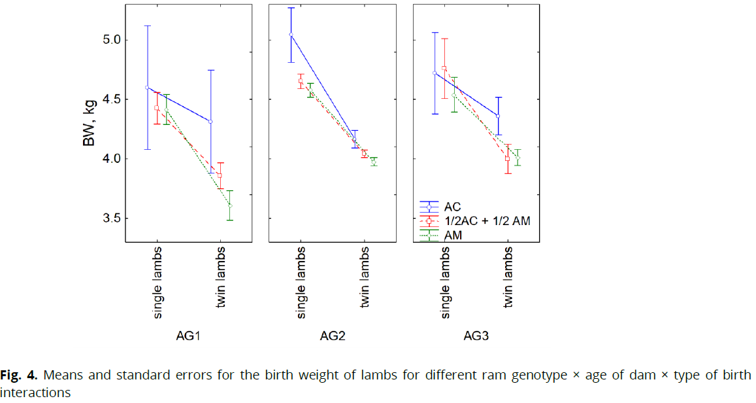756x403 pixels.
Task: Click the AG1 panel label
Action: click(188, 337)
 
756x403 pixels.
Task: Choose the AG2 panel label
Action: click(333, 337)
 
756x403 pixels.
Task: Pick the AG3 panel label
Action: click(476, 337)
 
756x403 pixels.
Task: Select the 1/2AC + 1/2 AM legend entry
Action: click(486, 221)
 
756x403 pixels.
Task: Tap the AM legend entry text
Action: click(453, 236)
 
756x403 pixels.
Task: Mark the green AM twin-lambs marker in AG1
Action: click(230, 205)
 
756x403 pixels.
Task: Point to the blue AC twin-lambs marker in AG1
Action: click(210, 122)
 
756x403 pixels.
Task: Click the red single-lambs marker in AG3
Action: click(444, 68)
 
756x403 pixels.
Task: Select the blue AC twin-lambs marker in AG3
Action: click(498, 116)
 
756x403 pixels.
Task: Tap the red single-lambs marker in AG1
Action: click(157, 108)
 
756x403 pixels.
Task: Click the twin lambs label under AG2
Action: click(365, 281)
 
